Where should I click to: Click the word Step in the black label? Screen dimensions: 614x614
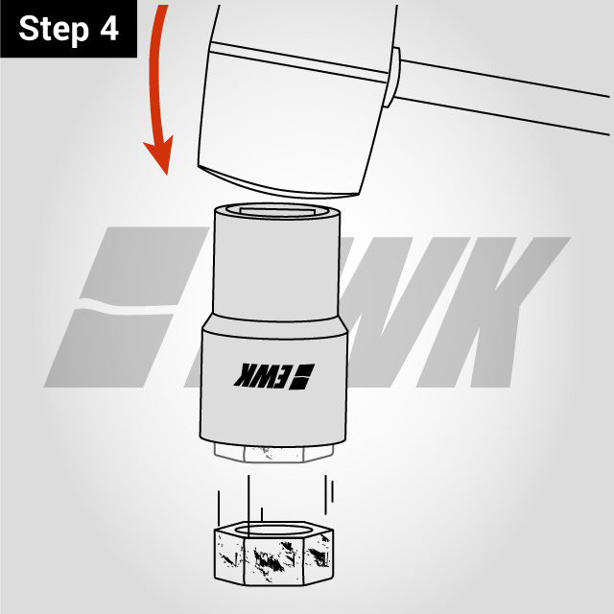[54, 30]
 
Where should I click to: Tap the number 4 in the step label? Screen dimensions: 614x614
[108, 28]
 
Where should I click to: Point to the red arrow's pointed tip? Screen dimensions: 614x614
[167, 175]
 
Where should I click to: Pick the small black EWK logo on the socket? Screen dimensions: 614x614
[274, 376]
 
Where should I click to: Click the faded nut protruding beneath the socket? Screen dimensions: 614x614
[273, 453]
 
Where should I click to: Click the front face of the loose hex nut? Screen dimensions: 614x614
[274, 560]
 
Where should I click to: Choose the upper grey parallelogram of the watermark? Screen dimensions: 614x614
[145, 266]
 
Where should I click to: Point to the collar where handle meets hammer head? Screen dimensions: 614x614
[391, 77]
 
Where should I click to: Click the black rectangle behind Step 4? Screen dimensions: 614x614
[68, 29]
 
